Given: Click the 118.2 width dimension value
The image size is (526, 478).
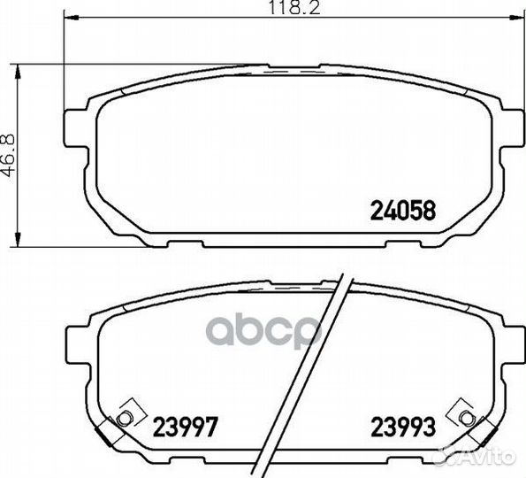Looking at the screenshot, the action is pyautogui.click(x=294, y=7).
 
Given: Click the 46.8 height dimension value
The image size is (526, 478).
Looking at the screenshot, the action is pyautogui.click(x=7, y=156).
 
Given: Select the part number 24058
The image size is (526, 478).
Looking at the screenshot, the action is pyautogui.click(x=402, y=211).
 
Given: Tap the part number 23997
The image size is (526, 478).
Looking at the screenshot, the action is pyautogui.click(x=186, y=427).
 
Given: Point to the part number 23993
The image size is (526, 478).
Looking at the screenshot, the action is pyautogui.click(x=403, y=427).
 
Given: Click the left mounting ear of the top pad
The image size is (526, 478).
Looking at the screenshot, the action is pyautogui.click(x=75, y=128).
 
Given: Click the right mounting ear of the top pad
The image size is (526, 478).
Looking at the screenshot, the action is pyautogui.click(x=513, y=128).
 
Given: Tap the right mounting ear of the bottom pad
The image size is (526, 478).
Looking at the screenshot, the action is pyautogui.click(x=513, y=343).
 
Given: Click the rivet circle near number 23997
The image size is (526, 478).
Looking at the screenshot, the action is pyautogui.click(x=123, y=418).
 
